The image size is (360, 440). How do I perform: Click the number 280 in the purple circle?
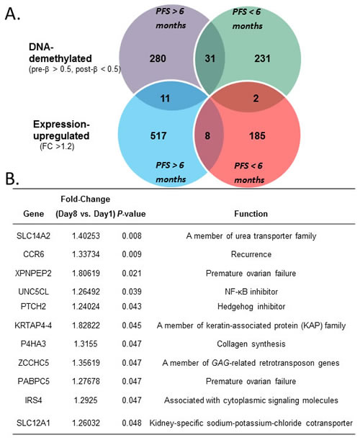pos(158,58)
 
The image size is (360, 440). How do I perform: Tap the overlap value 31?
pos(210,58)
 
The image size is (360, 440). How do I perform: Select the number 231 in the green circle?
pos(262,58)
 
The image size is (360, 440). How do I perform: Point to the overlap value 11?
pos(165,99)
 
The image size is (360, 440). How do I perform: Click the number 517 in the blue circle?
pos(158,136)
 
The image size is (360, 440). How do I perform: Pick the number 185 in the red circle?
pos(257,136)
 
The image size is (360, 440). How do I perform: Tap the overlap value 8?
pos(207,136)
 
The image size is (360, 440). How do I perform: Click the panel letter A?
pos(12,14)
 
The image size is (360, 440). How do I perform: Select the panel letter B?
pos(12,178)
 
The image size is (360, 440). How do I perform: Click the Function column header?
pos(251,214)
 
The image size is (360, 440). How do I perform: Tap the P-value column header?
pos(131,214)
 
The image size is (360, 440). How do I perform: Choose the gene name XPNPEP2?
pos(33,273)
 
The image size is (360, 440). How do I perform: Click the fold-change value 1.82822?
pos(86,325)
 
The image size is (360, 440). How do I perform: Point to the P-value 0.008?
pos(131,235)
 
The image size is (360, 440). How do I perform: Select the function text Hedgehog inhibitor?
pos(251,307)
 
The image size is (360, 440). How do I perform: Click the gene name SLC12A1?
pos(33,423)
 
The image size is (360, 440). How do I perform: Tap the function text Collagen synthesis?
pos(251,344)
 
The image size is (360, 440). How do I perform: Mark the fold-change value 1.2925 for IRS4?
pos(86,400)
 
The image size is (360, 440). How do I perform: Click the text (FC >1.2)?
pos(57,146)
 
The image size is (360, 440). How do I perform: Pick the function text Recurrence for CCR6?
pos(251,254)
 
